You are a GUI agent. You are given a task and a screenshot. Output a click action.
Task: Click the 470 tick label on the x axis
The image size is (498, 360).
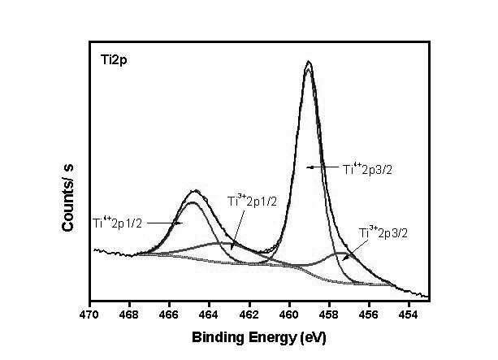tap(90, 314)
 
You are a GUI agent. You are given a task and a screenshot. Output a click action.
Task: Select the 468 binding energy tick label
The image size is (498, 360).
tap(130, 314)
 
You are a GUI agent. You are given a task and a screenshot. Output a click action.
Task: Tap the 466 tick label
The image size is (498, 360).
tap(169, 314)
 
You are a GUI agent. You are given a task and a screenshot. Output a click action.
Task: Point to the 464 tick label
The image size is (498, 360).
tap(210, 314)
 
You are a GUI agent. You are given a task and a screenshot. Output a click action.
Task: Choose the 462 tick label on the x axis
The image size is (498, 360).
tap(249, 314)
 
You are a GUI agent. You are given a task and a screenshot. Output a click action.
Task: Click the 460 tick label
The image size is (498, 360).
tap(289, 314)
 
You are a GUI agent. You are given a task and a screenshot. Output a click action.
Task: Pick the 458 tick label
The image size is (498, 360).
tap(329, 314)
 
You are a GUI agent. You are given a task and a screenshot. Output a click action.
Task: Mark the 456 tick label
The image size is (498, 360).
tap(369, 314)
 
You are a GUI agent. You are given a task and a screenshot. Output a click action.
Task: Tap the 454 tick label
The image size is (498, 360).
tap(409, 314)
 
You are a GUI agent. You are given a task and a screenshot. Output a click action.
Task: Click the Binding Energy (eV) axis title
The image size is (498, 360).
tap(259, 337)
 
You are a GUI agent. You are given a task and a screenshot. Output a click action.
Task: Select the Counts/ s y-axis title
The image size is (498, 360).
tap(67, 198)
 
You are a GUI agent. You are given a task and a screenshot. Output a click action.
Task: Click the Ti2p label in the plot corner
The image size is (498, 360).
tap(114, 60)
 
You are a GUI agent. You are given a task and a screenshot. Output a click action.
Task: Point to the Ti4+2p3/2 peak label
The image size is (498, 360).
tap(367, 169)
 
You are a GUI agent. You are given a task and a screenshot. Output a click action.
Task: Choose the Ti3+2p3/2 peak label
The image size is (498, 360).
tap(383, 232)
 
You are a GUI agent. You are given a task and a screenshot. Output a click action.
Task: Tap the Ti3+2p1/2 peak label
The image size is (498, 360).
tap(252, 201)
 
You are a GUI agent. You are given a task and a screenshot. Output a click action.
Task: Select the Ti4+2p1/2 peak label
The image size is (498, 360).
tap(118, 223)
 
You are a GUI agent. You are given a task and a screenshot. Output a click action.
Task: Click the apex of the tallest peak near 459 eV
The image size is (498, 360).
tap(309, 61)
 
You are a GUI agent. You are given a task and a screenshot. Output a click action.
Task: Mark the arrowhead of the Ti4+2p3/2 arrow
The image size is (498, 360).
tap(308, 167)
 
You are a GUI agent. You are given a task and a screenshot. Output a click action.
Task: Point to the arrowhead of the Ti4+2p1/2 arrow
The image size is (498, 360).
tap(181, 223)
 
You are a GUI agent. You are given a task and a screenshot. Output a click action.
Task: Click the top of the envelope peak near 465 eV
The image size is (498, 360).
tap(195, 191)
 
